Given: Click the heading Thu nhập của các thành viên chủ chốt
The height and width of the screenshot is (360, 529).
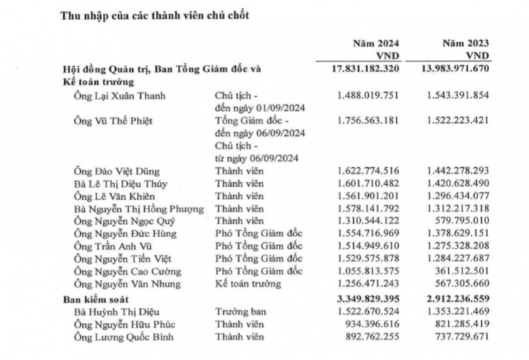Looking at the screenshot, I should [x=154, y=16].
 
